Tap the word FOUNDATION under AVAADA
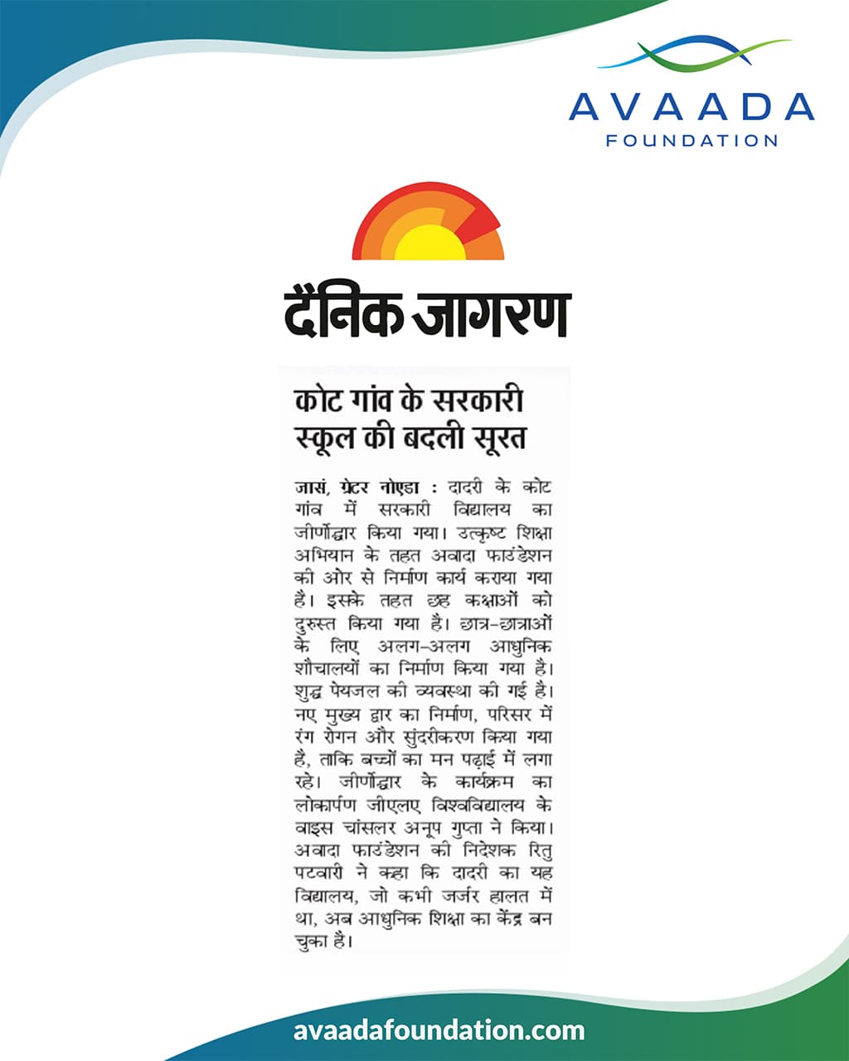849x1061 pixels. click(x=691, y=141)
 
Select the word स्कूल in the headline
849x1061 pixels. click(x=327, y=437)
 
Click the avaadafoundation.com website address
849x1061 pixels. click(x=439, y=1031)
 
